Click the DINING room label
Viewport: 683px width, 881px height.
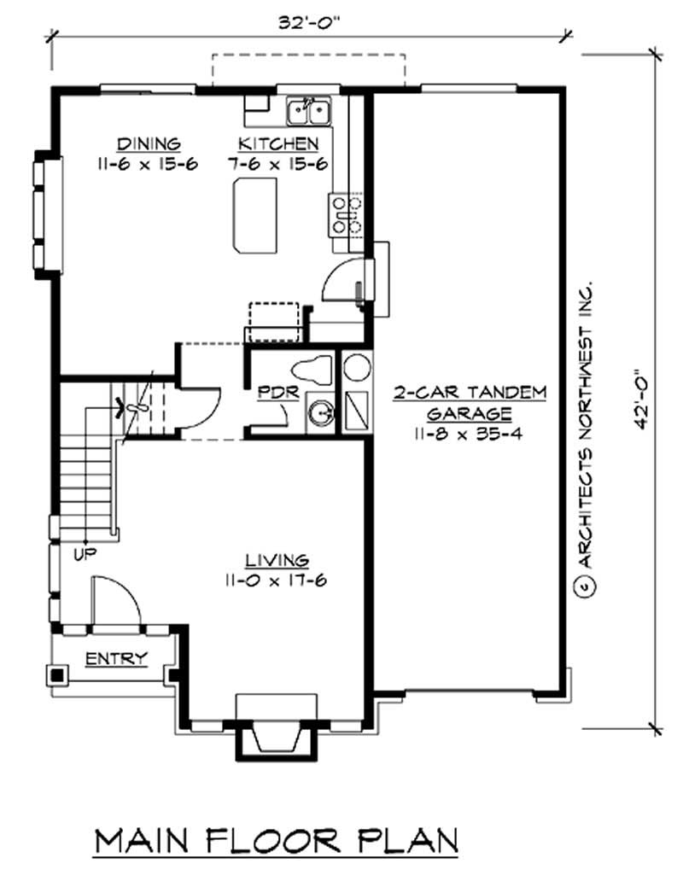149,143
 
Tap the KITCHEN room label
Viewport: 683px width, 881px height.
278,143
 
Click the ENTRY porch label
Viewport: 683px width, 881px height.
116,658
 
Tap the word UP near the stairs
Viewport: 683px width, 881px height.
85,554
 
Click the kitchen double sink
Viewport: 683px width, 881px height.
308,109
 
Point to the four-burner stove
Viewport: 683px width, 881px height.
346,214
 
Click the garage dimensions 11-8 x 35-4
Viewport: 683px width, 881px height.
469,433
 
